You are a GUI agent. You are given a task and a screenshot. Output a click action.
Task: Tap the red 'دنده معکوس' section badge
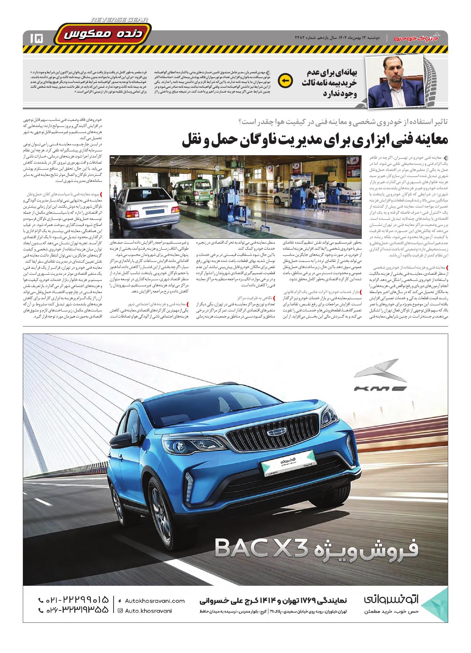(x=103, y=35)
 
